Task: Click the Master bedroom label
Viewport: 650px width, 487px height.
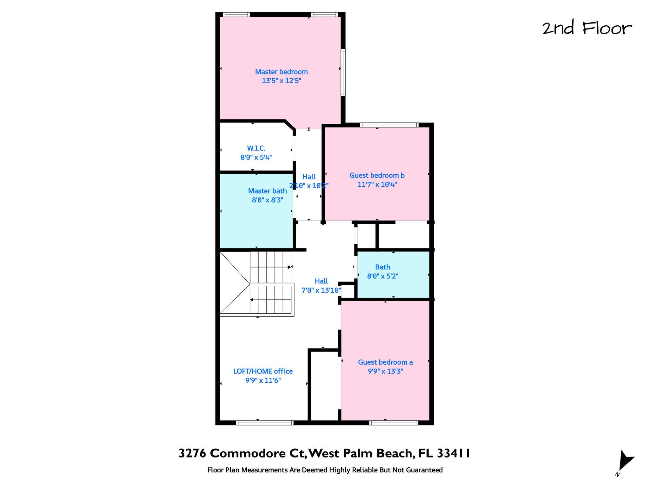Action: (281, 72)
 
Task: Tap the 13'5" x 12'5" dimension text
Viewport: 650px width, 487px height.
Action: (281, 81)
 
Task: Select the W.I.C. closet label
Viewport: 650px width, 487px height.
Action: (256, 148)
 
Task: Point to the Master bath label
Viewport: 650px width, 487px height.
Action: (267, 191)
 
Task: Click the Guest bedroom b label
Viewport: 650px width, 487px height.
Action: (377, 175)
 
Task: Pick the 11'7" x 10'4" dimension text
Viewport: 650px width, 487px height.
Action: (377, 184)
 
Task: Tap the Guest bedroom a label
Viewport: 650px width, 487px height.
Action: (385, 362)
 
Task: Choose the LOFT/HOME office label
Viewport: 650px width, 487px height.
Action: (263, 371)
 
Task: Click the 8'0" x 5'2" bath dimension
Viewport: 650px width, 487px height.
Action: (383, 276)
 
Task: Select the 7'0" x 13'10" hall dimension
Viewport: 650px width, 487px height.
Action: (321, 290)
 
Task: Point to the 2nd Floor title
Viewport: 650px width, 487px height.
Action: (587, 28)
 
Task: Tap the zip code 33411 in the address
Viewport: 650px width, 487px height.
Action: (454, 453)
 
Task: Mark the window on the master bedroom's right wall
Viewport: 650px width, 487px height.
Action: (343, 72)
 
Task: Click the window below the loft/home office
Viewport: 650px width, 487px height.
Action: (265, 423)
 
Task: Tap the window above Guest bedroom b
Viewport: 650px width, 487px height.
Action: (389, 125)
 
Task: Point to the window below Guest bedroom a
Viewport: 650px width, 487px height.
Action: (394, 423)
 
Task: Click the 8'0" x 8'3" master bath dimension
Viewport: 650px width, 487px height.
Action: (268, 200)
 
